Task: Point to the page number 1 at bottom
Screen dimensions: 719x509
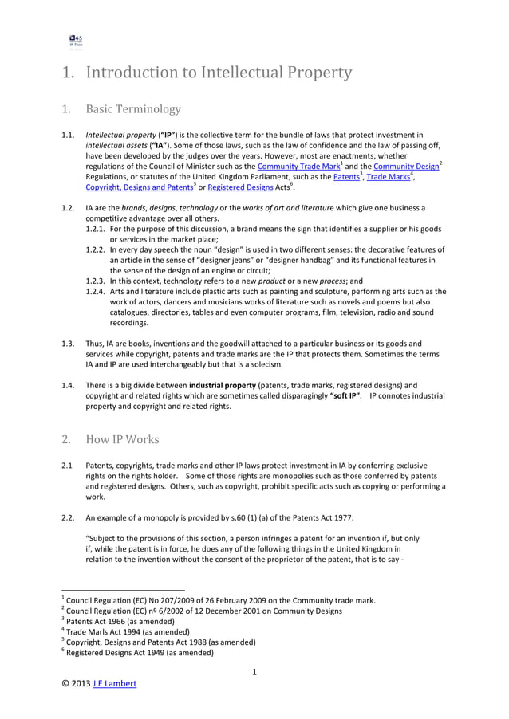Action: [x=254, y=672]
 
